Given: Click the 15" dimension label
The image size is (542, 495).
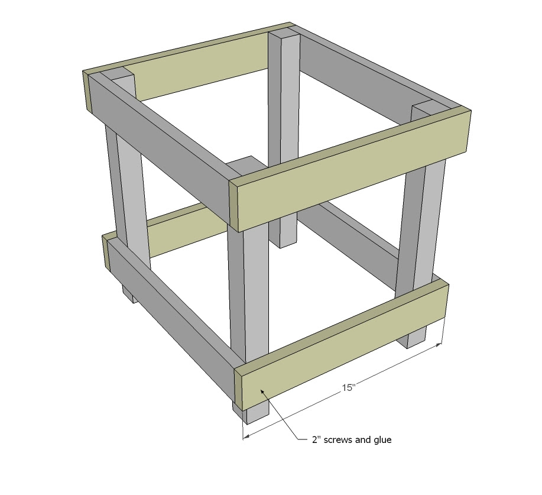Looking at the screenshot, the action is click(349, 387).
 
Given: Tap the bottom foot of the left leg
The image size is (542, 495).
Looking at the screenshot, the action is click(130, 294).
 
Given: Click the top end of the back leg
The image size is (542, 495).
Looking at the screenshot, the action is click(284, 34).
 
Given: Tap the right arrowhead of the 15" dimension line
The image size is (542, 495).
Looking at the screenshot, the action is click(439, 345).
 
